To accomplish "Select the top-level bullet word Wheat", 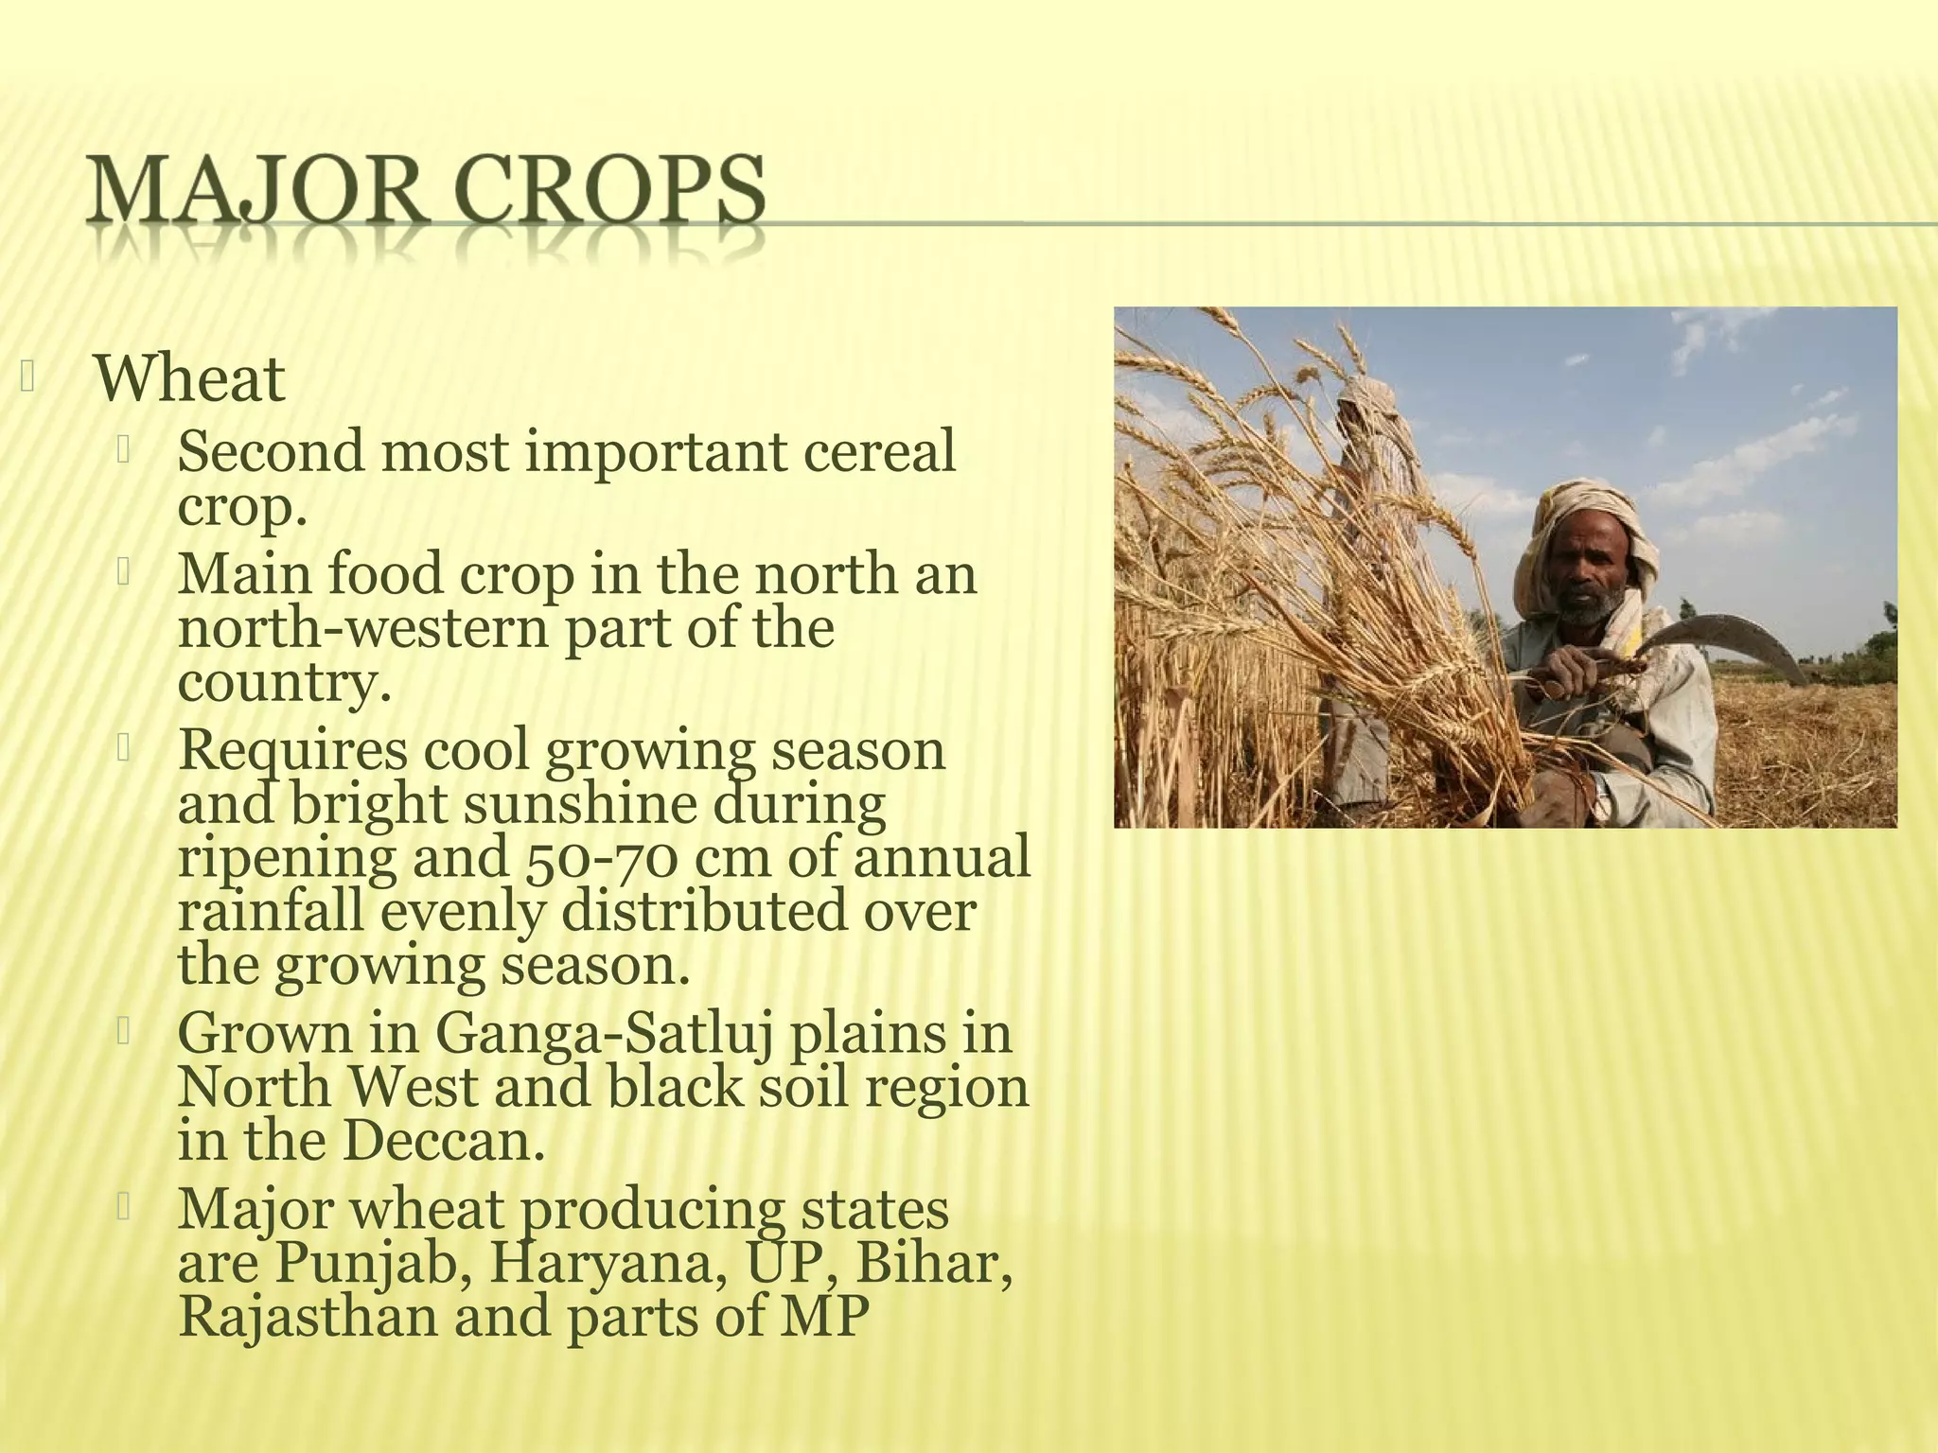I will coord(189,379).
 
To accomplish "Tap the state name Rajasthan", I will coord(308,1317).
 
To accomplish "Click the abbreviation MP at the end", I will coord(824,1317).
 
